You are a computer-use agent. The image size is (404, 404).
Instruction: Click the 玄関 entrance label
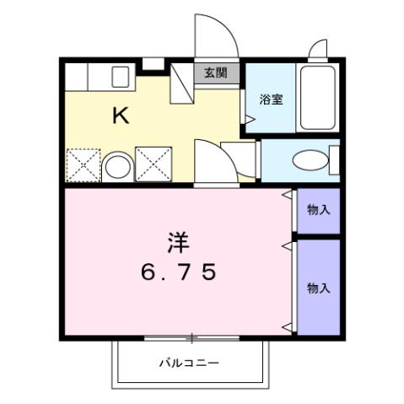coord(215,73)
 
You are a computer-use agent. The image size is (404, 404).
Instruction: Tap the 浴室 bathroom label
coord(272,99)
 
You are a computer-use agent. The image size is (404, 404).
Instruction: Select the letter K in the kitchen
coord(121,116)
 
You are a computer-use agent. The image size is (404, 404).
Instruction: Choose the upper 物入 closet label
coord(318,209)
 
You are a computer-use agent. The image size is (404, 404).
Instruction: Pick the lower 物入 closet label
coord(318,288)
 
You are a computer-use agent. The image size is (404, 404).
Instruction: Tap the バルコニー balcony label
coord(190,363)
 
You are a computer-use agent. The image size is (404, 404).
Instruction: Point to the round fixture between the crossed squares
coord(117,165)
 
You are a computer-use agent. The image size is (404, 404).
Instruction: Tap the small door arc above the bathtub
coord(318,48)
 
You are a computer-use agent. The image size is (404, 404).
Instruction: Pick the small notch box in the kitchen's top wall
coord(152,64)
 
